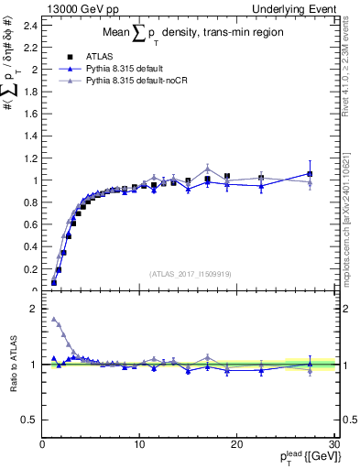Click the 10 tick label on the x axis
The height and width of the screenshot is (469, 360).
click(x=138, y=444)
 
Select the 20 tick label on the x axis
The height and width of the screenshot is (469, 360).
click(x=235, y=444)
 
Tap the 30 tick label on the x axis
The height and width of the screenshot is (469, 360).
click(x=333, y=444)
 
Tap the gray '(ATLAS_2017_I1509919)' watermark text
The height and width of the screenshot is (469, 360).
click(x=191, y=273)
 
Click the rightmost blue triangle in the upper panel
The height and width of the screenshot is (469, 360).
click(x=311, y=173)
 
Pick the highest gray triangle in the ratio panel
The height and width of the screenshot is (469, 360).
click(x=54, y=320)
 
